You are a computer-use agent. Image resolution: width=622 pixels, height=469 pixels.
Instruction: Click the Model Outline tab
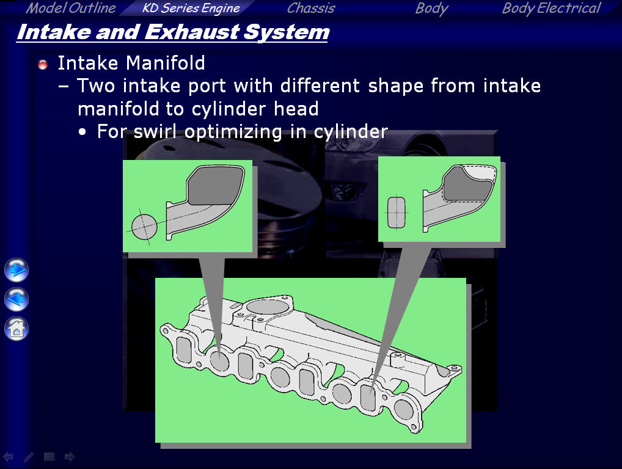tap(71, 8)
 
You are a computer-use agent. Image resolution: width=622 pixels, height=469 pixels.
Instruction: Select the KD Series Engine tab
tap(191, 9)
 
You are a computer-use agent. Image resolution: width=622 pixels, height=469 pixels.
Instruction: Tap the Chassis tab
tap(311, 8)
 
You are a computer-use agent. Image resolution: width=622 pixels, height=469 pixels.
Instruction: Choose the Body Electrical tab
tap(551, 9)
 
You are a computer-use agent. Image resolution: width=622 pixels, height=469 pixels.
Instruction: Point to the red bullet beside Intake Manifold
tap(43, 64)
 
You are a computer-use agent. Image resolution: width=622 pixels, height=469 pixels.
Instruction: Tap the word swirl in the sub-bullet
tap(155, 131)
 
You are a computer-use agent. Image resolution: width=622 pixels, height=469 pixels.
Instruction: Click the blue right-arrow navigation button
tap(16, 270)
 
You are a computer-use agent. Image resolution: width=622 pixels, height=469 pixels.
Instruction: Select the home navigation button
tap(16, 329)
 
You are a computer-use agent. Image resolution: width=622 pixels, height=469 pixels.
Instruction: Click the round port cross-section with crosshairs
tap(144, 227)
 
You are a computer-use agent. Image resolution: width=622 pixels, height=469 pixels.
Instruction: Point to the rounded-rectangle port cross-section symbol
tap(397, 213)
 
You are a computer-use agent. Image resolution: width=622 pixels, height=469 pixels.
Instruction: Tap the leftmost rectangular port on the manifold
tap(184, 349)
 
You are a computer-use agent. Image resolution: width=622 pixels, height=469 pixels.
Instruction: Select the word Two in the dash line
tap(95, 85)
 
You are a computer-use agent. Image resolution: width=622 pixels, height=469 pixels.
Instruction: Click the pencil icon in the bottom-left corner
tap(29, 457)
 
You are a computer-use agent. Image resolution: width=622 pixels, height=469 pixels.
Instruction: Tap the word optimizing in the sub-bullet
tap(233, 132)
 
